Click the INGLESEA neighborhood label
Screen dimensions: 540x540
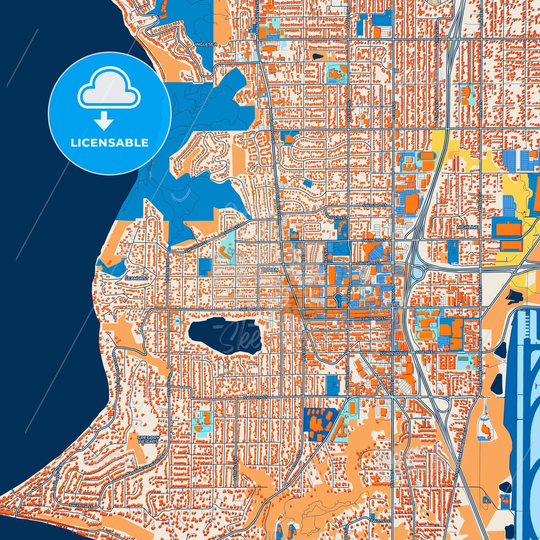pos(206,44)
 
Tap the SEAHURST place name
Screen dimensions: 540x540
pos(136,278)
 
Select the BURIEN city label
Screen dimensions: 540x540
pos(270,269)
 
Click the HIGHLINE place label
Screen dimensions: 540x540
pos(467,227)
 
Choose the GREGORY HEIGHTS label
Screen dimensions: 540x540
pos(148,439)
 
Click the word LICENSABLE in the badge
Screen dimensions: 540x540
pos(109,143)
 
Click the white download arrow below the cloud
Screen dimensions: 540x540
pos(104,121)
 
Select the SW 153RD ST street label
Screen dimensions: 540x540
pos(374,319)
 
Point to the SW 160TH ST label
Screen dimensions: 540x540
pos(256,398)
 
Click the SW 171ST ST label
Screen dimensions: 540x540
pos(382,521)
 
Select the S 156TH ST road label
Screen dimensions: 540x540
pos(425,352)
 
